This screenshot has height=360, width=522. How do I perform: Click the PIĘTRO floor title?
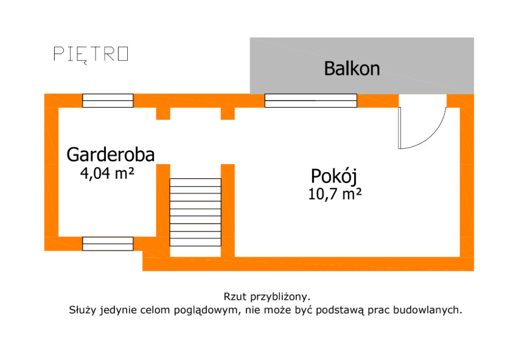point(91,54)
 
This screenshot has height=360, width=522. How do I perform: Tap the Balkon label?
point(352,68)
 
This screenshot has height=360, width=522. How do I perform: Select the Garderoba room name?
point(110,154)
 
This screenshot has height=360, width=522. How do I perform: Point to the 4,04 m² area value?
point(107,173)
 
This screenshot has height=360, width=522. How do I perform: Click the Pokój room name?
point(333,176)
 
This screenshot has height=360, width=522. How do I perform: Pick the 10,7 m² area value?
point(335,195)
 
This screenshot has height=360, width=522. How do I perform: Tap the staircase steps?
point(195,212)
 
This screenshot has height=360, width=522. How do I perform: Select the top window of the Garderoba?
point(108,100)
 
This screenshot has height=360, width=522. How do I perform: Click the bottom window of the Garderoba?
point(108,243)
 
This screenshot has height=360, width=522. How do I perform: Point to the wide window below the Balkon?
point(310,100)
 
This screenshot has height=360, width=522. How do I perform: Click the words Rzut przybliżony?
point(267,297)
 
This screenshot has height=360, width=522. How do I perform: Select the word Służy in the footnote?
point(82,310)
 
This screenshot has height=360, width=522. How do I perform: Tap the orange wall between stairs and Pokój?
point(228,210)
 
